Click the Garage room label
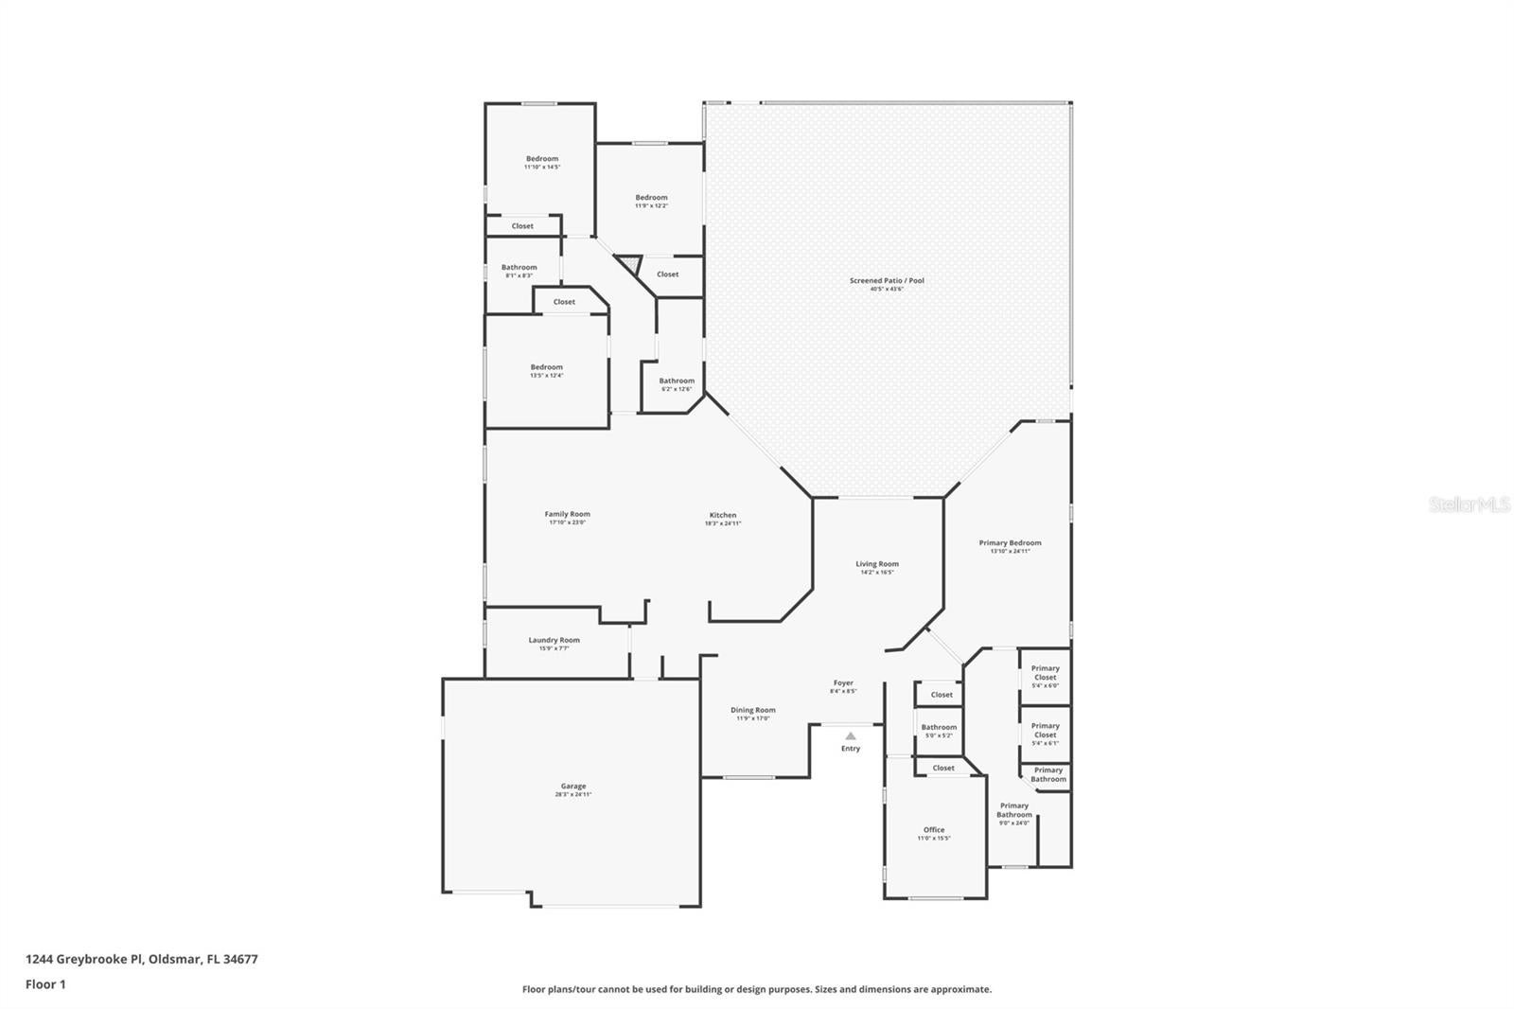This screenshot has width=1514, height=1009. coord(573,787)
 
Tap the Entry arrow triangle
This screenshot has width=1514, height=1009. coord(851,735)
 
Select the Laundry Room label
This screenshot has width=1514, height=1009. coord(554,641)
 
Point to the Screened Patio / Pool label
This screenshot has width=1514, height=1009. coord(887,281)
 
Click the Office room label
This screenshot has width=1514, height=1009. coord(934,830)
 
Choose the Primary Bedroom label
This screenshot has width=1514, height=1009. coord(1010,543)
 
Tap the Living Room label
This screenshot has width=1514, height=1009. coord(877,564)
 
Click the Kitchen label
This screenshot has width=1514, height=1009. coord(723,516)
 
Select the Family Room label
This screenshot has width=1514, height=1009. coord(567,515)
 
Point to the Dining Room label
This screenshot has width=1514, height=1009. coord(753,710)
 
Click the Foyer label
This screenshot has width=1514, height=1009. coord(843,683)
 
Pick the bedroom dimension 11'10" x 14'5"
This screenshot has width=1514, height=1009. coord(542,167)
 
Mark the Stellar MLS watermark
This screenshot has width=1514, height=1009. coord(1469,505)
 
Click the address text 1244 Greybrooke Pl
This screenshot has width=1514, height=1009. coord(142,959)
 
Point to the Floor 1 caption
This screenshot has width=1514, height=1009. coord(45,984)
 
